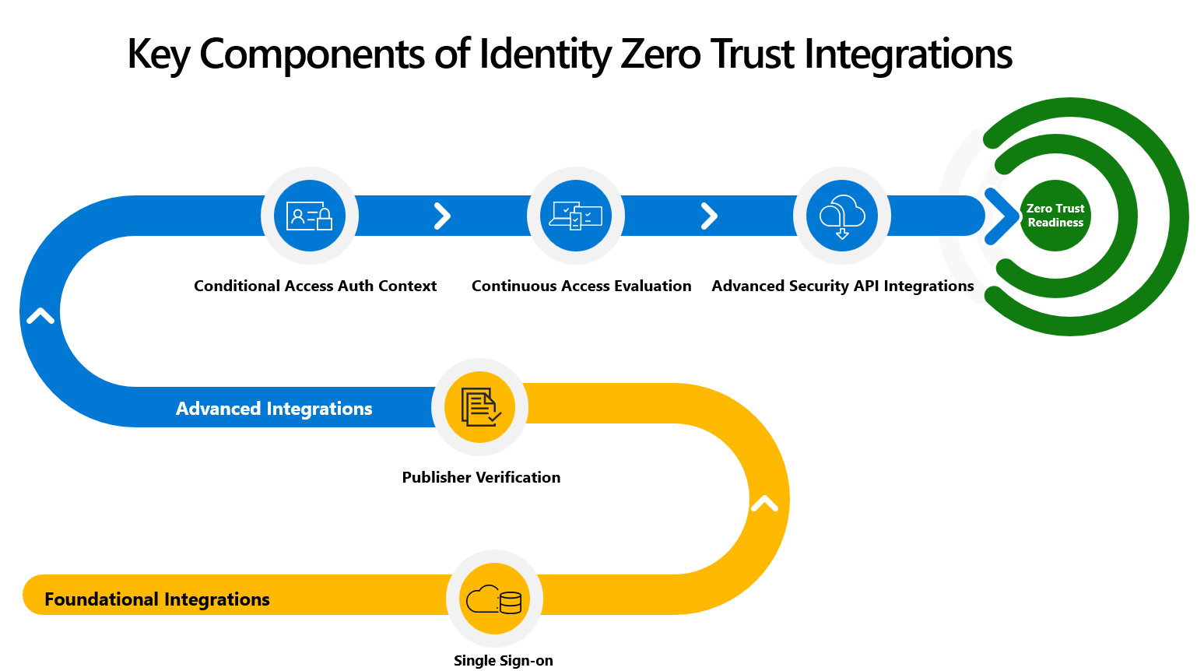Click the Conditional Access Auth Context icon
(x=310, y=216)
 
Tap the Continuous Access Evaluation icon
(x=576, y=216)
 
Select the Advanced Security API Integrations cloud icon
(x=842, y=216)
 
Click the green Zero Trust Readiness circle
(x=1055, y=216)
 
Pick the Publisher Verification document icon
(x=480, y=407)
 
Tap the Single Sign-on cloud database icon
(x=494, y=599)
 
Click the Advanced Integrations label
(x=274, y=409)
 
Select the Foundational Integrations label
(x=157, y=599)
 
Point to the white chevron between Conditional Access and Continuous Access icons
(x=442, y=216)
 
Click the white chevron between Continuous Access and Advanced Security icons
(x=709, y=216)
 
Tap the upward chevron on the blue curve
(x=40, y=315)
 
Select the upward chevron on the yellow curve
(x=764, y=503)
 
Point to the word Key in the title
(x=159, y=54)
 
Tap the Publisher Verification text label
(x=481, y=477)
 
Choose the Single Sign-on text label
(x=503, y=660)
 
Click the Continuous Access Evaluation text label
(x=581, y=286)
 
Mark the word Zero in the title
(x=661, y=54)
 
